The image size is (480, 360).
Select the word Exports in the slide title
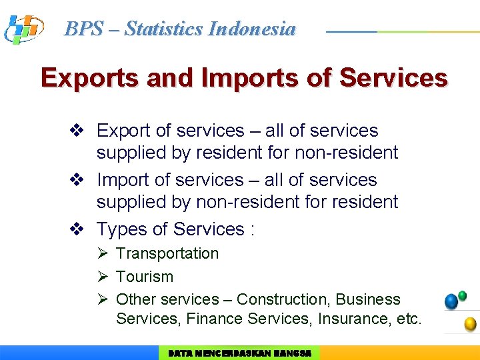[89, 78]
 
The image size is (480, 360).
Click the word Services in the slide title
[393, 78]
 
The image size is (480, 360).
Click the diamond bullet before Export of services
[77, 131]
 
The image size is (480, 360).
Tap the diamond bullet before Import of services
[77, 180]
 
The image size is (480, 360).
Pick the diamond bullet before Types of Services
[77, 229]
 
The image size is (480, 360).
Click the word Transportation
[167, 253]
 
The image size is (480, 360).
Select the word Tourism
[145, 277]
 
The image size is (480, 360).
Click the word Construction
[283, 299]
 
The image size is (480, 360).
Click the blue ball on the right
[451, 301]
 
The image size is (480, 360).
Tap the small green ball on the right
[463, 295]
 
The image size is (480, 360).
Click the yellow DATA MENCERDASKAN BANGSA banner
[239, 353]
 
